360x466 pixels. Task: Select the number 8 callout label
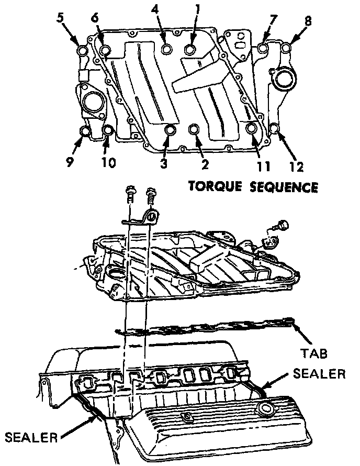tap(308, 21)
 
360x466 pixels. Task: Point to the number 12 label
tap(296, 168)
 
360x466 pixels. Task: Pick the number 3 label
tap(164, 163)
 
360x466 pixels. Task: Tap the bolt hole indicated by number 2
tap(194, 129)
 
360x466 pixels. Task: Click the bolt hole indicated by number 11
tap(252, 127)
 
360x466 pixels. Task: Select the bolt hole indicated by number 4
tap(167, 49)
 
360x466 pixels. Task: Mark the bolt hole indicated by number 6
tap(106, 50)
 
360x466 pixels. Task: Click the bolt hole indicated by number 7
tap(263, 48)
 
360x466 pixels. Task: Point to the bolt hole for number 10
tap(108, 130)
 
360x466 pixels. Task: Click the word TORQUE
tap(211, 187)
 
